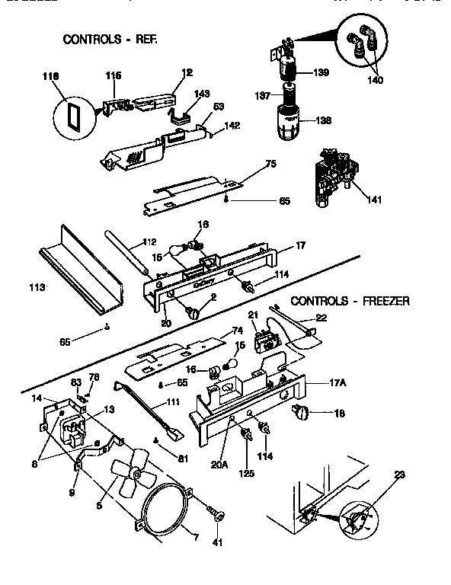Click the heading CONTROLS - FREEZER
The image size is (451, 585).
(350, 301)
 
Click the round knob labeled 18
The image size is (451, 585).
(302, 414)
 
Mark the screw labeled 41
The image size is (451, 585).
(218, 518)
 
